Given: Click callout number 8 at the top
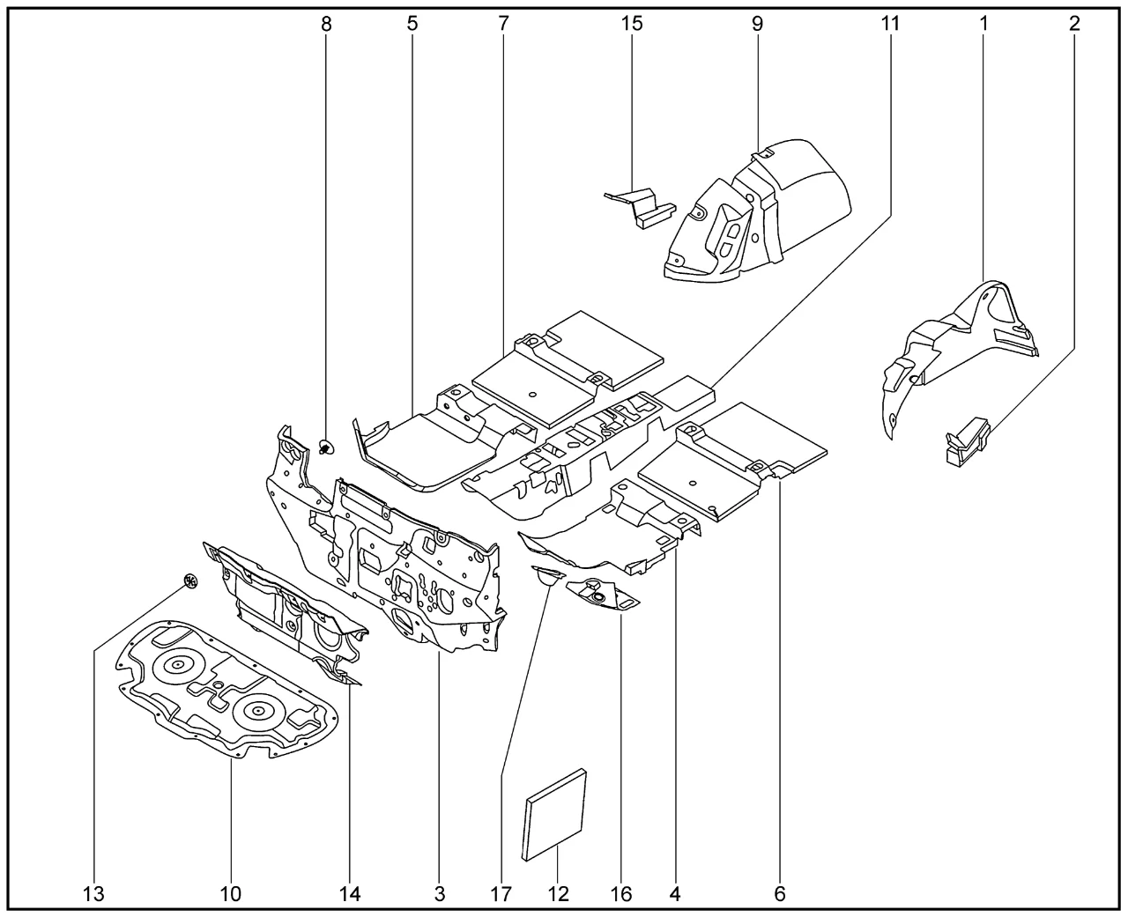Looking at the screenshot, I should point(327,24).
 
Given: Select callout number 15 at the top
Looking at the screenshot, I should point(632,24).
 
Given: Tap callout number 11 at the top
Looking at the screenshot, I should point(890,24).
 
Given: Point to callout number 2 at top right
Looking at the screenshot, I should point(1074,24).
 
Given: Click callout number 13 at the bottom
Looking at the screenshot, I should point(94,894).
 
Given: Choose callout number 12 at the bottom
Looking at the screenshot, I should point(559,894).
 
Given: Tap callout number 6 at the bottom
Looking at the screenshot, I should point(780,894).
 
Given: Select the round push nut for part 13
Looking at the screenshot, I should point(189,580).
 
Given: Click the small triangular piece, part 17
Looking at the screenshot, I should point(547,576).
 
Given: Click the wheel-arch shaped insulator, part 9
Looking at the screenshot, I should point(758,211).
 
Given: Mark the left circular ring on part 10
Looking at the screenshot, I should point(177,664).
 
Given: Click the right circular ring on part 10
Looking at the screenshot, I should point(259,706).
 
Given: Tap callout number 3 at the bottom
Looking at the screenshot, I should point(440,894).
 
